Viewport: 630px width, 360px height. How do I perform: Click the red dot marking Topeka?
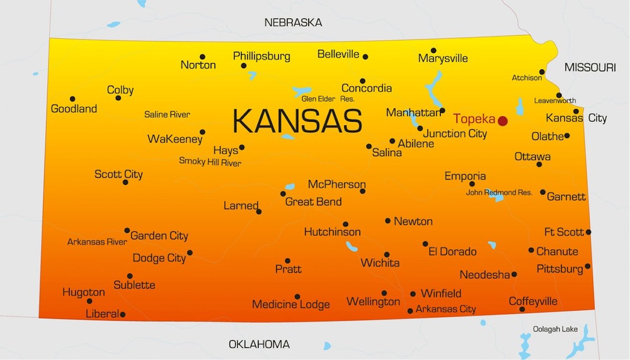tap(502, 121)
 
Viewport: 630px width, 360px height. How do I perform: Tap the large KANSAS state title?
tap(297, 121)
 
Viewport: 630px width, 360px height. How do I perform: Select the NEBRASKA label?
tap(293, 23)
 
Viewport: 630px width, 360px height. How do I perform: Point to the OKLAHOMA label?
tap(259, 345)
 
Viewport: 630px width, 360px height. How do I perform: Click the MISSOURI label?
tap(590, 67)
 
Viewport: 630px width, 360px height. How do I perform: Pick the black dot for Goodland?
tap(72, 99)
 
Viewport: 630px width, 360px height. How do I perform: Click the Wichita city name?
tap(380, 263)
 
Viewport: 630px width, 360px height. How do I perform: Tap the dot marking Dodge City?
tap(190, 252)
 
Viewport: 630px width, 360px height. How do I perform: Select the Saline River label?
tap(167, 114)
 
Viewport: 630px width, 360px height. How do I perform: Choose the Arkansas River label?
tap(97, 242)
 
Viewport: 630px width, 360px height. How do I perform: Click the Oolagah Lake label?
tap(555, 329)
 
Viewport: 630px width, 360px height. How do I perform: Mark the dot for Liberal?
tap(122, 314)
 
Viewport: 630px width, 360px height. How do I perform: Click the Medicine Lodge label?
tap(291, 304)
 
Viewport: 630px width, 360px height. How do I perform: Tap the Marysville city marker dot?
tap(434, 50)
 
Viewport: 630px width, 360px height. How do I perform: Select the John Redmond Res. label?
tap(499, 193)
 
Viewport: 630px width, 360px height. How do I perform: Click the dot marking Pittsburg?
tap(587, 266)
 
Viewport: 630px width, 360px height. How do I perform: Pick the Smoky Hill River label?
tap(210, 162)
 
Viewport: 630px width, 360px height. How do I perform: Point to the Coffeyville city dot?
tap(522, 309)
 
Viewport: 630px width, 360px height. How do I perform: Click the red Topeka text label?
tap(474, 119)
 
